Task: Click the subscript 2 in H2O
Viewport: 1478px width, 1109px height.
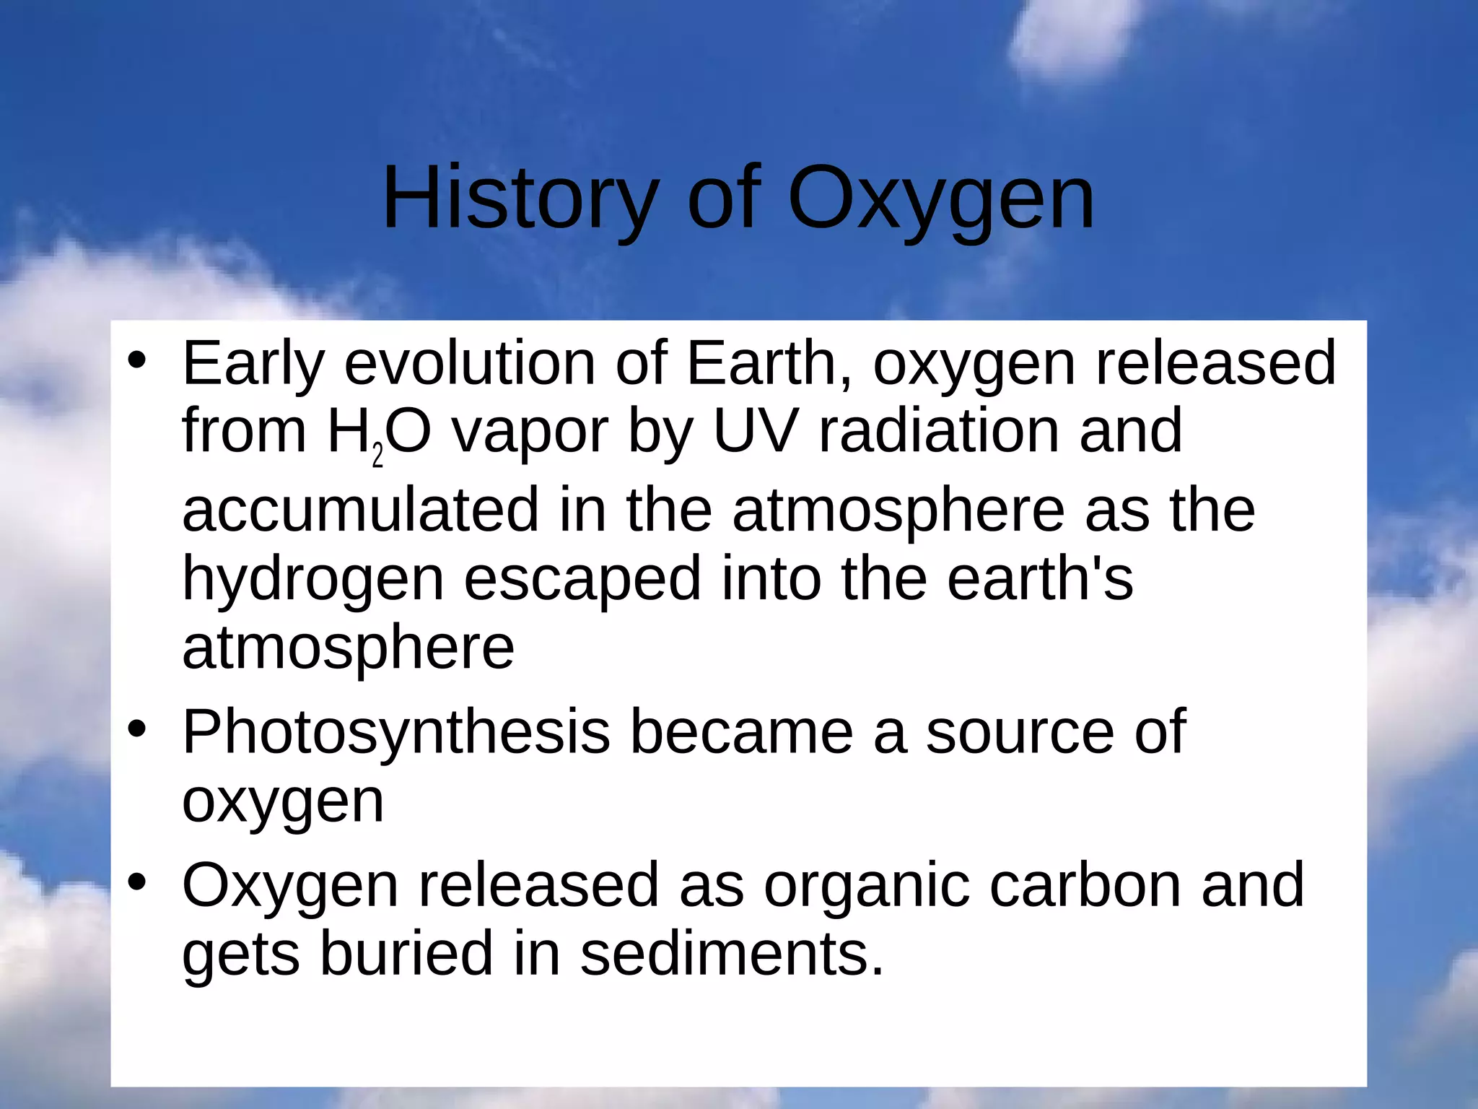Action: click(x=377, y=457)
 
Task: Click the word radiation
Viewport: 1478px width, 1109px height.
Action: click(x=939, y=432)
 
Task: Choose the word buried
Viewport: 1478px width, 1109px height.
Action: click(x=406, y=953)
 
